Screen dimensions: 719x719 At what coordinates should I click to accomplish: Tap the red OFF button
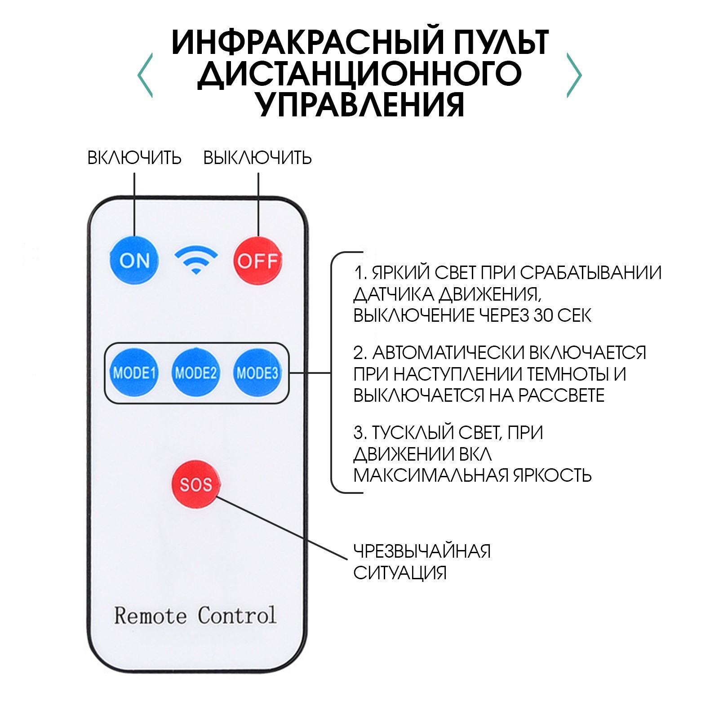257,261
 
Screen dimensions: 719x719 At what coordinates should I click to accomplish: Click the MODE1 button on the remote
134,373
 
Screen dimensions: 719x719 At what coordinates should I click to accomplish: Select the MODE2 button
196,373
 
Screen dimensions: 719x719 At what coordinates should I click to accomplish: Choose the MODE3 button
257,373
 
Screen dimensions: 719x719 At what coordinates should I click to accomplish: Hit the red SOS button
196,484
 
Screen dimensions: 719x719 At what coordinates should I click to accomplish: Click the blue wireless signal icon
196,260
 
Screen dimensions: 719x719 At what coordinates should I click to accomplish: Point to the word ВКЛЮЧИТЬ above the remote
134,158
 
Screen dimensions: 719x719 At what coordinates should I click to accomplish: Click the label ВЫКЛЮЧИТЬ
257,158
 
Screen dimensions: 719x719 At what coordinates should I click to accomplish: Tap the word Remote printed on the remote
150,615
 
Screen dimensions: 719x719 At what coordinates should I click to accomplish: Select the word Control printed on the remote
237,615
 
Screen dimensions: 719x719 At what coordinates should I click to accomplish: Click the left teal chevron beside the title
145,75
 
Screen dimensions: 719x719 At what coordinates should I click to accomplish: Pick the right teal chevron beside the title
574,75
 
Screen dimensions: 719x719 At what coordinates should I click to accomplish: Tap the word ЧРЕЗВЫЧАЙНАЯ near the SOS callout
422,551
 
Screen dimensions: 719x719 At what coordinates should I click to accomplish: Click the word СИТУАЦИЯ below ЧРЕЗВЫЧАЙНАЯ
400,573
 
